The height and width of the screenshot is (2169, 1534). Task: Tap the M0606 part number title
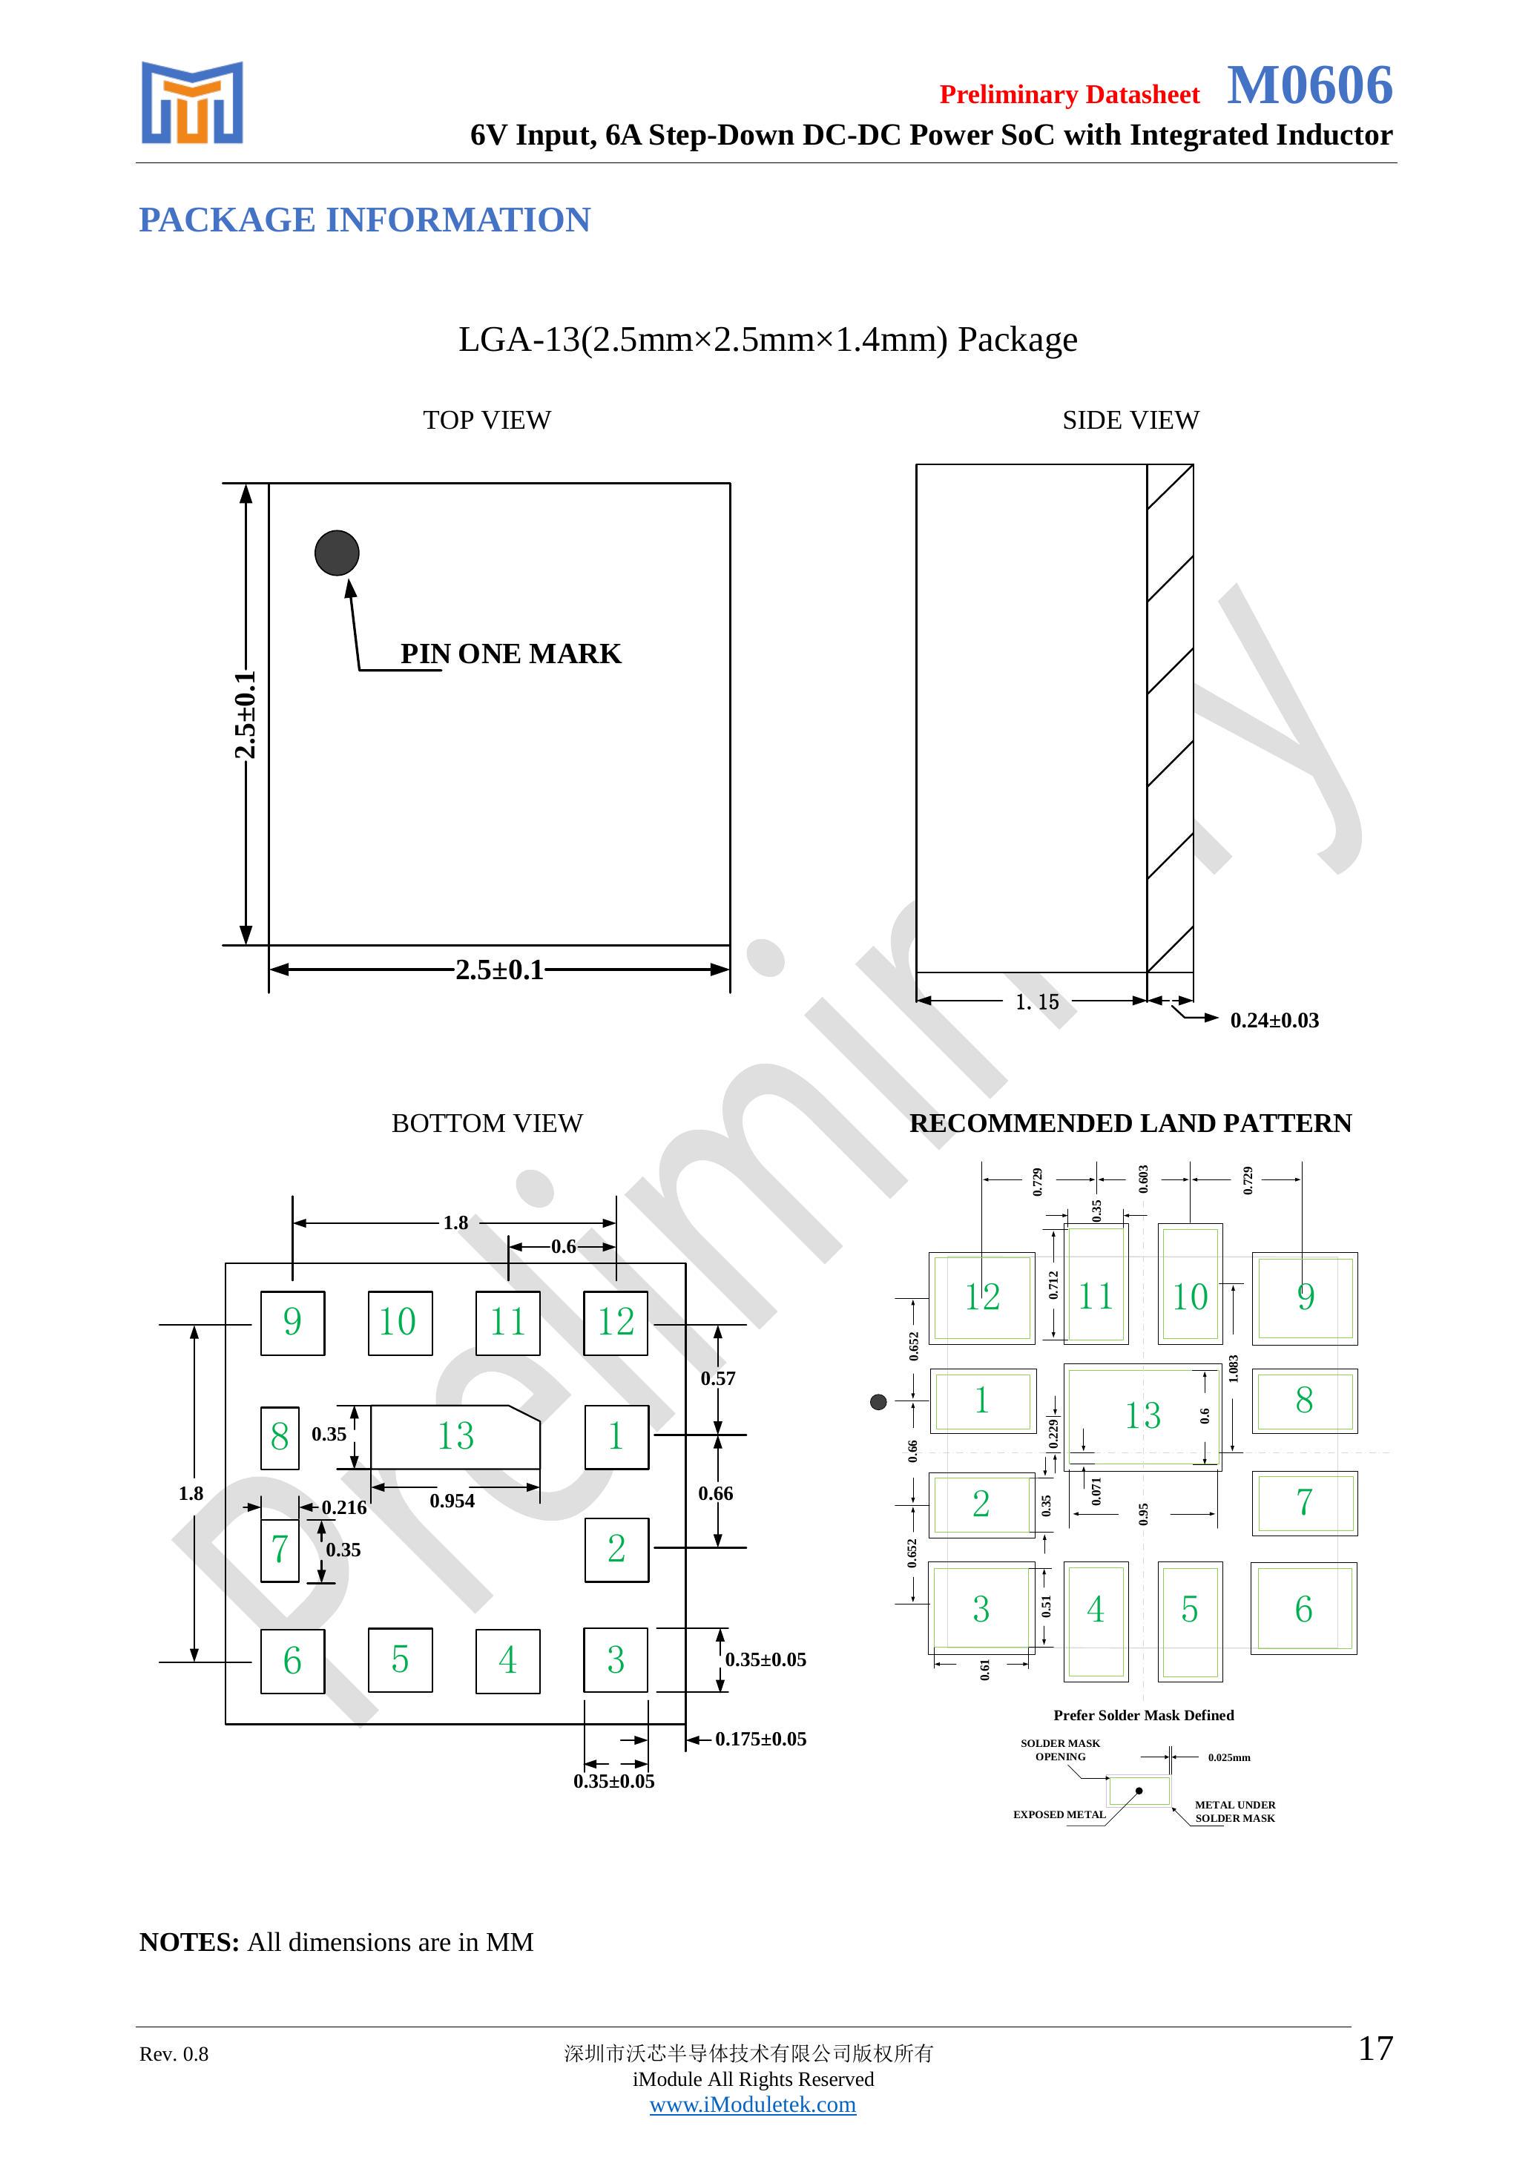[1309, 85]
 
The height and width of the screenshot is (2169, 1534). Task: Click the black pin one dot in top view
[338, 553]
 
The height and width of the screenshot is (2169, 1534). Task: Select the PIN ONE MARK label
[511, 654]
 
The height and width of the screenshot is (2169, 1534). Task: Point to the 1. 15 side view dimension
[1037, 1001]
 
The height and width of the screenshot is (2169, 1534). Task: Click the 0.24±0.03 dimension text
[1274, 1020]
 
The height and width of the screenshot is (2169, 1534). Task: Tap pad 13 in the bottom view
[455, 1437]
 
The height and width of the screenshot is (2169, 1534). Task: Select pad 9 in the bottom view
[293, 1323]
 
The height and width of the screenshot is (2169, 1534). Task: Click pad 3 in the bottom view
[616, 1660]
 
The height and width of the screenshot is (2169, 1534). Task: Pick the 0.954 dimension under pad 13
[452, 1501]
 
